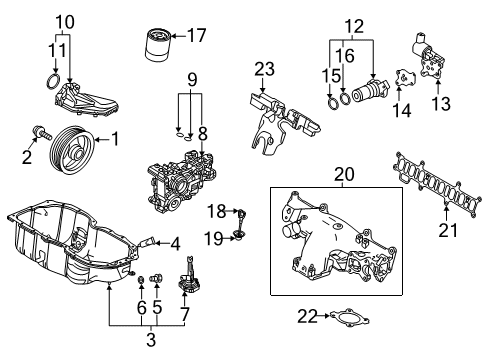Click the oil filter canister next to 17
(x=158, y=45)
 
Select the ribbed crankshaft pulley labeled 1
(x=72, y=149)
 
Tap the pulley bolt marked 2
(x=42, y=132)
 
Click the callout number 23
(x=265, y=69)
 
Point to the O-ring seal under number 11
(x=53, y=82)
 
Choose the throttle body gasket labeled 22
(x=349, y=318)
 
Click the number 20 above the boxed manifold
(x=344, y=174)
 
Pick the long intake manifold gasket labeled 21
(x=438, y=186)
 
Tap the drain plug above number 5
(x=156, y=278)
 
